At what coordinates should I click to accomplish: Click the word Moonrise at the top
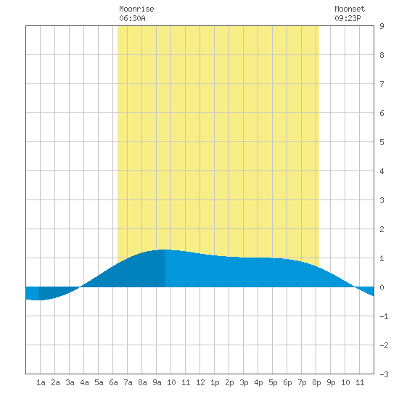(136, 9)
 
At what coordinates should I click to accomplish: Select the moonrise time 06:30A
(132, 18)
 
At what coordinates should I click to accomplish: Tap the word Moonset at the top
(350, 9)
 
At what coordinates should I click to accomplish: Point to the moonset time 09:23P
(347, 18)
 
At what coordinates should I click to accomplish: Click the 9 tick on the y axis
(382, 26)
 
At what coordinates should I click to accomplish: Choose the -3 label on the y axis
(384, 374)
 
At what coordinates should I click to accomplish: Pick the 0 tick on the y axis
(382, 287)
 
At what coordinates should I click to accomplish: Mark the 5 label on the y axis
(382, 142)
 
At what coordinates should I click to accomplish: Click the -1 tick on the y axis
(384, 316)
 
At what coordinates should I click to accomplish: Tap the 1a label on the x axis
(41, 382)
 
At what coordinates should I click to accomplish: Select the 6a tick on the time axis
(113, 382)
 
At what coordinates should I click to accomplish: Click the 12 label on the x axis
(200, 382)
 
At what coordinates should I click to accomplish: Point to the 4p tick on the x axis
(258, 382)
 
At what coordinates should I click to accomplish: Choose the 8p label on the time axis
(316, 382)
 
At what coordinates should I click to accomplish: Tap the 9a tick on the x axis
(157, 382)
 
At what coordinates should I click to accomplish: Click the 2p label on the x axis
(229, 382)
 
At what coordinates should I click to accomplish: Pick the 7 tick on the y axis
(382, 84)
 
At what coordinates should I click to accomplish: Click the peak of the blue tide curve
(164, 250)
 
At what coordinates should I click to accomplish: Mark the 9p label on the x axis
(331, 382)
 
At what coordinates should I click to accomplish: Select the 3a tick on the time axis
(70, 382)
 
